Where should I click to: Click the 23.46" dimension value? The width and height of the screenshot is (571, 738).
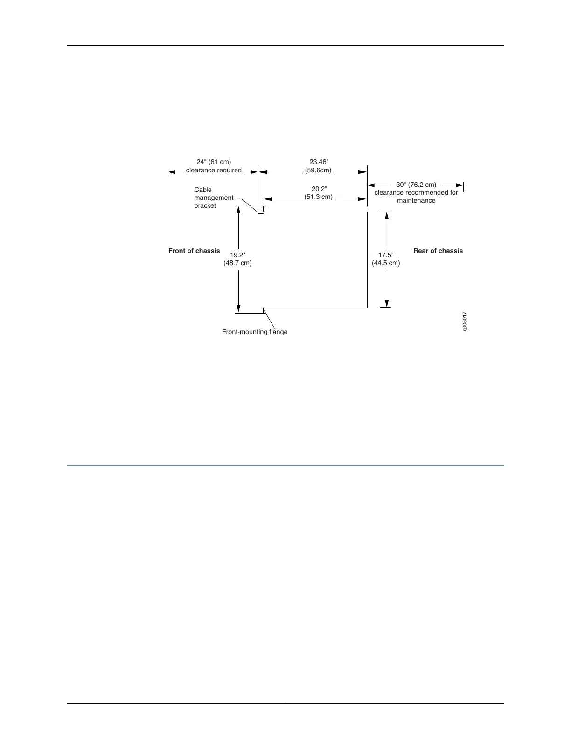tap(319, 162)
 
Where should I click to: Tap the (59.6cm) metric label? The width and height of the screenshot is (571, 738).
tap(318, 170)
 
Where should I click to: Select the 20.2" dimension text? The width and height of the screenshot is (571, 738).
tap(319, 189)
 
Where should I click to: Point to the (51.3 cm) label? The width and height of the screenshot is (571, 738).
tap(319, 197)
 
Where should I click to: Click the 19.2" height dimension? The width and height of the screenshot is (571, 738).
tap(237, 255)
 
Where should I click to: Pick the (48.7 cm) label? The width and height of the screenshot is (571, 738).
tap(237, 263)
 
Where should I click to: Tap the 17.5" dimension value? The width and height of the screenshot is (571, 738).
tap(386, 255)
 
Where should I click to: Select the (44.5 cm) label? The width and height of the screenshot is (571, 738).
tap(386, 263)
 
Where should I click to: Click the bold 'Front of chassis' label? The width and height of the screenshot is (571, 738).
tap(194, 251)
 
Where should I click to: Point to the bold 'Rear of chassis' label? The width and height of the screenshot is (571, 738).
tap(438, 251)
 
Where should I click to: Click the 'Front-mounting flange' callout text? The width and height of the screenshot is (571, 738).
tap(255, 332)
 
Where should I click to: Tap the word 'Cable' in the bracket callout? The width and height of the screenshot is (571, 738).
tap(203, 190)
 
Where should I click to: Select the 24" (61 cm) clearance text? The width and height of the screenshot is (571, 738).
tap(214, 162)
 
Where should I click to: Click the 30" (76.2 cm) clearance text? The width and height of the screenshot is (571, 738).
tap(416, 184)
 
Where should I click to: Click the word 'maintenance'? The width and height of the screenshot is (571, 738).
tap(416, 200)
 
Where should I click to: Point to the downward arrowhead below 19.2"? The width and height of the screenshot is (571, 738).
tap(238, 308)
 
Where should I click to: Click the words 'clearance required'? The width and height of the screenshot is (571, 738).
tap(214, 170)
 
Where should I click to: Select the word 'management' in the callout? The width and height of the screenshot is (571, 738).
tap(214, 198)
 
